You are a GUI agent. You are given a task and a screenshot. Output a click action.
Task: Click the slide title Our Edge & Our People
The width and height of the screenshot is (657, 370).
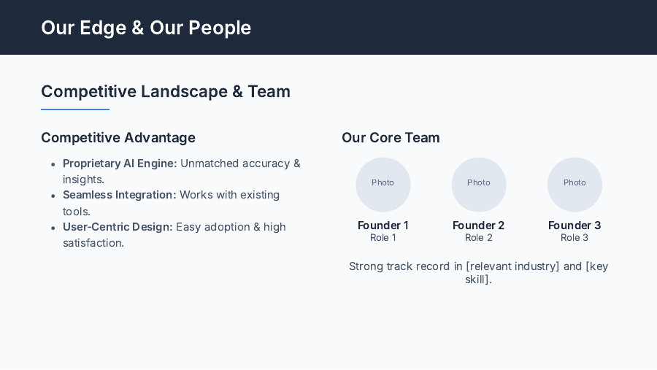(x=146, y=28)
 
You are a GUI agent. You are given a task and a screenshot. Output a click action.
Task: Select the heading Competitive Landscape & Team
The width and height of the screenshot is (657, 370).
(x=166, y=91)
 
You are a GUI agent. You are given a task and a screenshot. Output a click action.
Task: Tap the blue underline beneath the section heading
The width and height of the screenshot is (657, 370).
(x=75, y=109)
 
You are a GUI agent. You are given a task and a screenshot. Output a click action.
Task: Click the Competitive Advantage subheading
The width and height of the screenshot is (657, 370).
(x=118, y=137)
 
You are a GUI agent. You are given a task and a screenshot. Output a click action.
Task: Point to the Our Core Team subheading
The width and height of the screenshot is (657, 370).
(x=391, y=137)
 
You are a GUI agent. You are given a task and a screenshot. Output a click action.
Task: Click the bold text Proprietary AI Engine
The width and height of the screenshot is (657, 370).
(x=120, y=163)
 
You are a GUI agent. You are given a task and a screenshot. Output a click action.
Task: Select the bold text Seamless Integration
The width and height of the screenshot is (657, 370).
(x=119, y=195)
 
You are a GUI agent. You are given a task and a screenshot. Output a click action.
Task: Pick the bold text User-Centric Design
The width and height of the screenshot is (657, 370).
(x=118, y=227)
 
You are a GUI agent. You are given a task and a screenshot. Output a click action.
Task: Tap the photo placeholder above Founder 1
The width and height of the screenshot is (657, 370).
(x=383, y=185)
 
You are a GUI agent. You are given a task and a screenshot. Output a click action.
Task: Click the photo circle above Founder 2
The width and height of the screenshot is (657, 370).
(x=479, y=185)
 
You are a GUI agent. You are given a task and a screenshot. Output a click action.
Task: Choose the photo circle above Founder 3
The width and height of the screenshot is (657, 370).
(x=575, y=185)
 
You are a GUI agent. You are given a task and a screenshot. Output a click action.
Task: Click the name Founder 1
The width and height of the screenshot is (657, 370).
(x=383, y=226)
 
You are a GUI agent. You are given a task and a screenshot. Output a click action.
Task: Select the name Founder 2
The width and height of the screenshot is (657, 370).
(x=479, y=226)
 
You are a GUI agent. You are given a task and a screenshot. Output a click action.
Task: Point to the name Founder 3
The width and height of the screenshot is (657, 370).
(x=575, y=226)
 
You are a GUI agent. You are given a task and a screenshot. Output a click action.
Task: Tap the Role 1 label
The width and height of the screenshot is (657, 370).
(x=383, y=238)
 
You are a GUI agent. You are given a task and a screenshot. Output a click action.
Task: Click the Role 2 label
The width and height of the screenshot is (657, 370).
(x=479, y=238)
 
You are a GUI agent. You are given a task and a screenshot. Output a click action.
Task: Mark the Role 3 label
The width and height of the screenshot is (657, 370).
(x=575, y=238)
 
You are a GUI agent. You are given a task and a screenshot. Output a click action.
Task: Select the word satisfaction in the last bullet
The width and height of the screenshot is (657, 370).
(x=92, y=243)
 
